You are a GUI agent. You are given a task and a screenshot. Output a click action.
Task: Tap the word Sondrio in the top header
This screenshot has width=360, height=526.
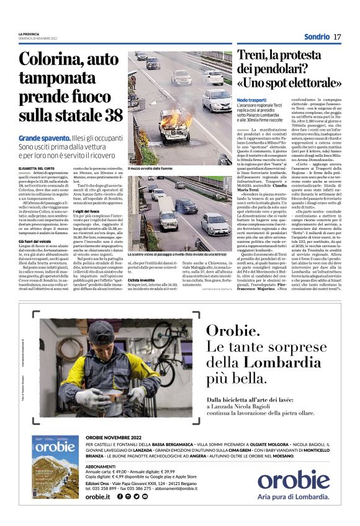317,37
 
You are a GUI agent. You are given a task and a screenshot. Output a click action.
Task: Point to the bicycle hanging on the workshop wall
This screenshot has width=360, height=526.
156,338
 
